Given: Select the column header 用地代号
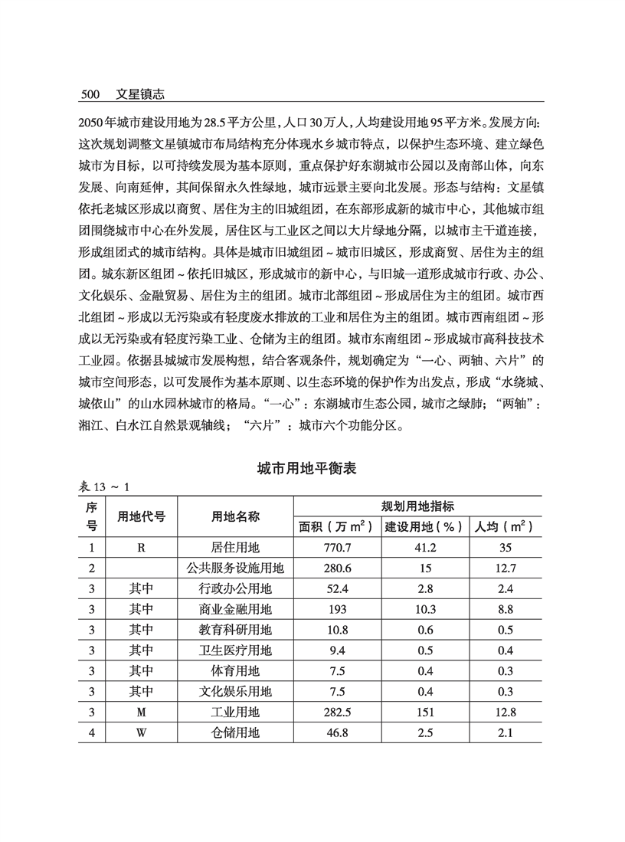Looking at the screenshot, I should tap(141, 516).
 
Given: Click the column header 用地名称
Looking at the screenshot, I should tap(236, 516).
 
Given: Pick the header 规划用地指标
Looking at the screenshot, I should tap(418, 506).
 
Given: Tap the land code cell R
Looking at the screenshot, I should tap(141, 548).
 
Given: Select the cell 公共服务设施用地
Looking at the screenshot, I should tap(236, 568).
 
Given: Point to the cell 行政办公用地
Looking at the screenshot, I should tap(236, 589).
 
